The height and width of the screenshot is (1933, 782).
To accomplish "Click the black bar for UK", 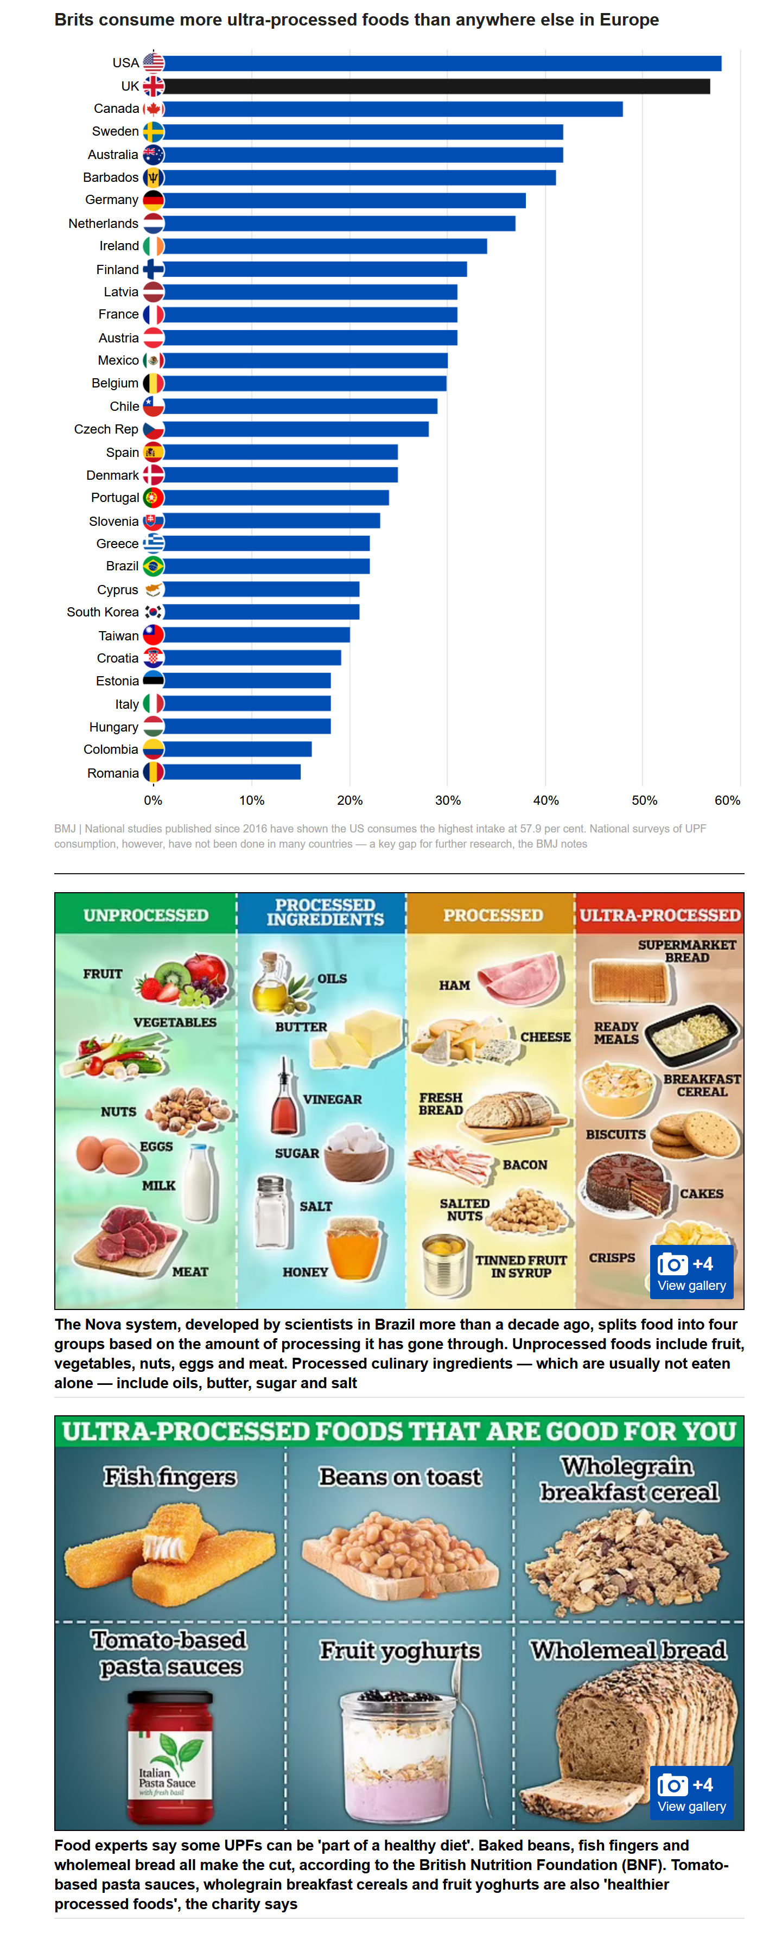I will click(x=436, y=86).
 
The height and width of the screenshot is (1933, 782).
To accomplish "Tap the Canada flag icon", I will click(x=153, y=109).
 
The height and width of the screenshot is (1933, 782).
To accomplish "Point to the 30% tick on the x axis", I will click(x=447, y=800).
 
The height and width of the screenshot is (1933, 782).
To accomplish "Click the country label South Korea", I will click(x=102, y=612).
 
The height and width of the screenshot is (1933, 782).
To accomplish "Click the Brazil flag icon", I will click(x=153, y=567).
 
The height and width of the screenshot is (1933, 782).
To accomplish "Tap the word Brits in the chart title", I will click(x=74, y=20).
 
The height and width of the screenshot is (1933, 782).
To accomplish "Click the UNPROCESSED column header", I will click(x=145, y=915).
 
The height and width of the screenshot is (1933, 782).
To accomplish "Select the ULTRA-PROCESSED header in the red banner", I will click(x=660, y=915).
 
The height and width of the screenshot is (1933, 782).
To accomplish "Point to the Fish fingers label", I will click(x=170, y=1477).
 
